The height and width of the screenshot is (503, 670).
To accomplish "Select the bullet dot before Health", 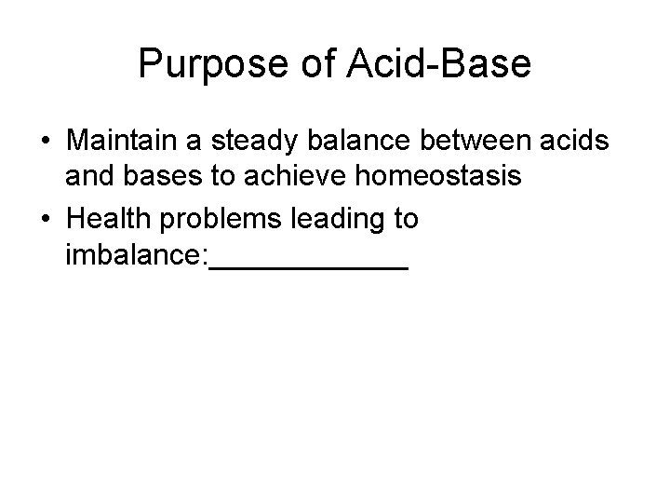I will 45,220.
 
